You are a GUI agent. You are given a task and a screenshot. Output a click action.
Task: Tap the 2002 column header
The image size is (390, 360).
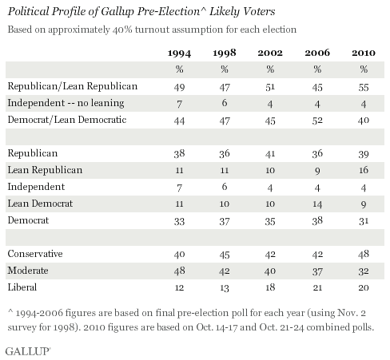[271, 53]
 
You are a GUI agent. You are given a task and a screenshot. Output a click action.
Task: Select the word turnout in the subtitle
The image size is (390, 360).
[144, 30]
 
